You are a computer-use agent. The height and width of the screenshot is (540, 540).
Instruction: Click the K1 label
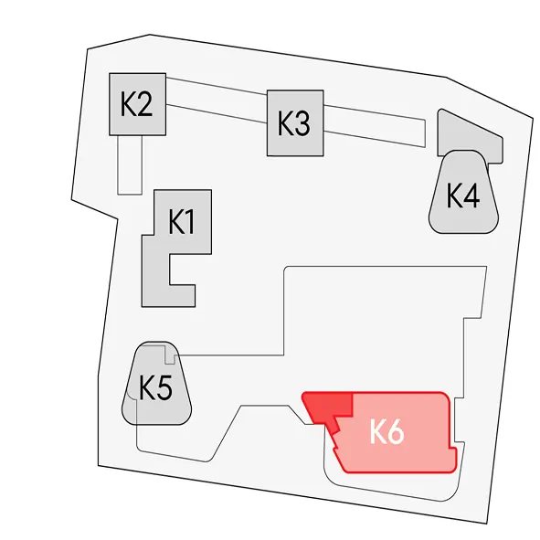pyautogui.click(x=182, y=222)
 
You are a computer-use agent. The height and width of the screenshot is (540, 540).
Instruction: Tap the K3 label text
pyautogui.click(x=293, y=123)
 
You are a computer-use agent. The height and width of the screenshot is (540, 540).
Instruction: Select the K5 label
pyautogui.click(x=155, y=387)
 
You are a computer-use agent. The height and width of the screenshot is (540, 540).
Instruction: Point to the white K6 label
pyautogui.click(x=387, y=431)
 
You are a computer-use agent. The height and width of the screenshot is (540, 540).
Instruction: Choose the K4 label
pyautogui.click(x=463, y=196)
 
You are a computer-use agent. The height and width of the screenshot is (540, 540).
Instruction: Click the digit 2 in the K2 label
pyautogui.click(x=144, y=104)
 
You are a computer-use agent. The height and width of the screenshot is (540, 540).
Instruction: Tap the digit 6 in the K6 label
pyautogui.click(x=396, y=432)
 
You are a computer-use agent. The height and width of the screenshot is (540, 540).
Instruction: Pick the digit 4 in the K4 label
pyautogui.click(x=471, y=196)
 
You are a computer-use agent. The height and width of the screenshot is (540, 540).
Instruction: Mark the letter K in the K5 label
pyautogui.click(x=147, y=387)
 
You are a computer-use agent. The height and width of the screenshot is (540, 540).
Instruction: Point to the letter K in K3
pyautogui.click(x=285, y=123)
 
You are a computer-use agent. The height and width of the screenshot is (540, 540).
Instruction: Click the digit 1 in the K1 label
pyautogui.click(x=190, y=222)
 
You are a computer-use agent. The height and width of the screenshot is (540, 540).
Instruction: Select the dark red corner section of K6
pyautogui.click(x=330, y=408)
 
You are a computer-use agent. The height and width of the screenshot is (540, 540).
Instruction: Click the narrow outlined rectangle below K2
pyautogui.click(x=130, y=164)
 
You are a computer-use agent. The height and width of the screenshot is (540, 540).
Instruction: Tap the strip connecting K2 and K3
pyautogui.click(x=217, y=100)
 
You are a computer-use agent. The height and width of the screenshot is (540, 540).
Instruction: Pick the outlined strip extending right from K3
pyautogui.click(x=375, y=126)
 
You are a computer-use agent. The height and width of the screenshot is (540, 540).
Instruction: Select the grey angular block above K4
pyautogui.click(x=469, y=136)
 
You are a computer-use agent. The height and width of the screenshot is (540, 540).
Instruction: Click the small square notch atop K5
pyautogui.click(x=170, y=355)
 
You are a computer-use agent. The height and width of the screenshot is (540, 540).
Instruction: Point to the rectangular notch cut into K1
pyautogui.click(x=182, y=270)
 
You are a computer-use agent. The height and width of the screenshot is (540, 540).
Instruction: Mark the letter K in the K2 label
pyautogui.click(x=128, y=104)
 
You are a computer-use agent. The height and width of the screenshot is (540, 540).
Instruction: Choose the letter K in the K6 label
pyautogui.click(x=378, y=432)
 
